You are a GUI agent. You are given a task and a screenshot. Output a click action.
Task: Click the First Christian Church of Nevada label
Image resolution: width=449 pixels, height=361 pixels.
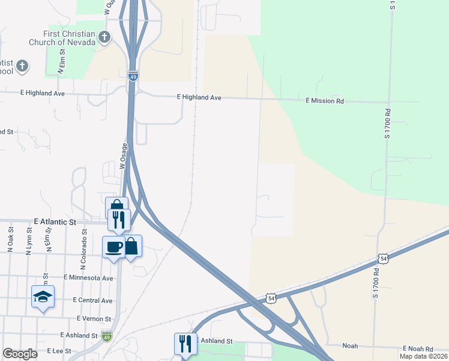(62, 38)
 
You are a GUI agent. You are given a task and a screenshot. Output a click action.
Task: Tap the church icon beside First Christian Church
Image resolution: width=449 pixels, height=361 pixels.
(104, 38)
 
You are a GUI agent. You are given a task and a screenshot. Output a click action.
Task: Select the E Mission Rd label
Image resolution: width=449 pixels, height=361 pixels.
(324, 101)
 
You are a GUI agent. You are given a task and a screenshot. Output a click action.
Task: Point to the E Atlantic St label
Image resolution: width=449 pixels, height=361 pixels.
(56, 222)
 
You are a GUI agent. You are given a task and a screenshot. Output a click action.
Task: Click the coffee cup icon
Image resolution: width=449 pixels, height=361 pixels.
(113, 246)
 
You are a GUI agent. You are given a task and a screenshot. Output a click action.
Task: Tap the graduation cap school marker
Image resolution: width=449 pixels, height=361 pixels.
(43, 296)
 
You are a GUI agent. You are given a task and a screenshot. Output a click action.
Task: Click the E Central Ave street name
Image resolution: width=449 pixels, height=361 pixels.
(92, 300)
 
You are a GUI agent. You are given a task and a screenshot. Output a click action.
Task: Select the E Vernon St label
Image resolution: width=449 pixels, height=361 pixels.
(94, 318)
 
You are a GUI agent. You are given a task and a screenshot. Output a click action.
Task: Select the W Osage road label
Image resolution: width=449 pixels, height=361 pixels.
(124, 156)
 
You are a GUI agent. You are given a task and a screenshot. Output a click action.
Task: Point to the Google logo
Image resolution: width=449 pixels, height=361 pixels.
(20, 354)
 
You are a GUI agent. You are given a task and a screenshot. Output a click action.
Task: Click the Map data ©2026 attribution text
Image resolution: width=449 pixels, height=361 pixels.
(423, 356)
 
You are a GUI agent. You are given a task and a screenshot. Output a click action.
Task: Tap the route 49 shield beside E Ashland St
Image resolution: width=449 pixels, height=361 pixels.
(106, 336)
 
